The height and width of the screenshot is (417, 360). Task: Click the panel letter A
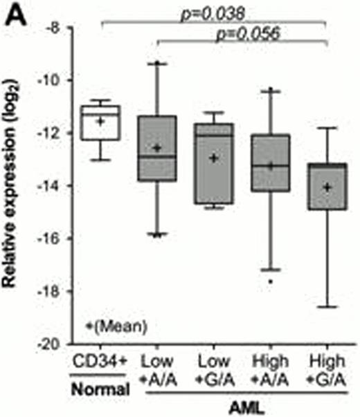pyautogui.click(x=15, y=15)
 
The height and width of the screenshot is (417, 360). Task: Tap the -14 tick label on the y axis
pyautogui.click(x=55, y=186)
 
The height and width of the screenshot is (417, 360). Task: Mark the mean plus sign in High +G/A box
pyautogui.click(x=327, y=187)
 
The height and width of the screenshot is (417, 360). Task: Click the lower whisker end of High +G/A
pyautogui.click(x=327, y=306)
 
